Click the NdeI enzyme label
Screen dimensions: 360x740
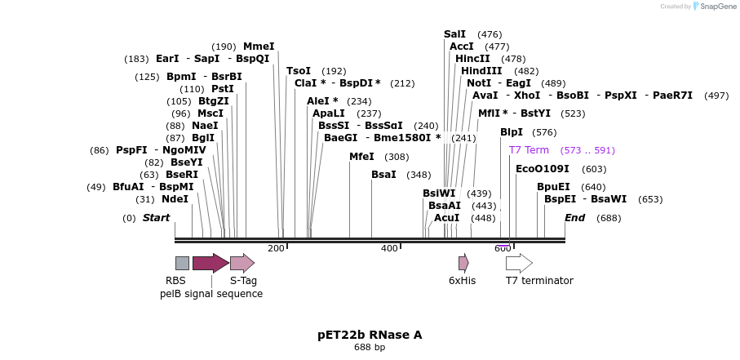pyautogui.click(x=175, y=198)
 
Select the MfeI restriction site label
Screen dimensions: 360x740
pyautogui.click(x=361, y=157)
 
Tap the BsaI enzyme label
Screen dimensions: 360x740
pyautogui.click(x=383, y=175)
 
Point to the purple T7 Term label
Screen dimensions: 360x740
pyautogui.click(x=529, y=150)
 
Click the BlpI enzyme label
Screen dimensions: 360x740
pyautogui.click(x=512, y=132)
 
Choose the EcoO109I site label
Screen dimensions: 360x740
pyautogui.click(x=543, y=169)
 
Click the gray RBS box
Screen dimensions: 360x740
pyautogui.click(x=182, y=263)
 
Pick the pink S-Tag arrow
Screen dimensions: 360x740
pyautogui.click(x=242, y=263)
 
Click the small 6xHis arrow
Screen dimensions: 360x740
pyautogui.click(x=463, y=263)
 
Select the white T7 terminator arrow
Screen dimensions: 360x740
pyautogui.click(x=519, y=263)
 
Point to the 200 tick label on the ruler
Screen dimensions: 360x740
pyautogui.click(x=276, y=248)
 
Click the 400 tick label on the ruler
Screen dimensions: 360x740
pyautogui.click(x=389, y=248)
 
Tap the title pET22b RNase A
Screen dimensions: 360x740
pyautogui.click(x=370, y=335)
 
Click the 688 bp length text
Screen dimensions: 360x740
pyautogui.click(x=370, y=348)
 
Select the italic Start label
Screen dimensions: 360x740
pyautogui.click(x=156, y=218)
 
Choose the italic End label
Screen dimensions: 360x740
pyautogui.click(x=575, y=218)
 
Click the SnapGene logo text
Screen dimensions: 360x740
pyautogui.click(x=715, y=7)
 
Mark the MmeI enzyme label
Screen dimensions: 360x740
pyautogui.click(x=259, y=47)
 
